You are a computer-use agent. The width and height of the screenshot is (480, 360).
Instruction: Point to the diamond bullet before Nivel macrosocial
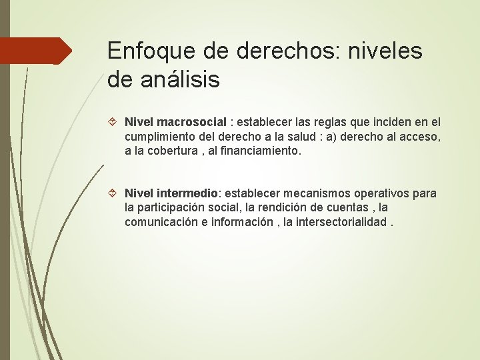114,123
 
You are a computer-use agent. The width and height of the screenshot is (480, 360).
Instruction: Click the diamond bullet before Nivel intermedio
114,193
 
